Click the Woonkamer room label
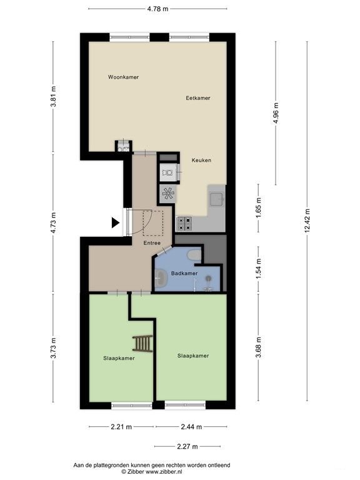(123, 77)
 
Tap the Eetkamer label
(198, 98)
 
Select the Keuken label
(201, 160)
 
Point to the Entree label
(152, 243)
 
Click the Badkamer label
(184, 273)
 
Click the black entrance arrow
(115, 222)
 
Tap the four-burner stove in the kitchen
(184, 224)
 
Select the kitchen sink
(217, 199)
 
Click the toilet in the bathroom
(194, 255)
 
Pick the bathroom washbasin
(161, 278)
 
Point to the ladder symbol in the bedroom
(142, 344)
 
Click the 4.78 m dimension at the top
(157, 9)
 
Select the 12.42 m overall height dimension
(307, 221)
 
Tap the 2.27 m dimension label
(187, 446)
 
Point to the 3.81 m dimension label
(53, 96)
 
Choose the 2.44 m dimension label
(191, 427)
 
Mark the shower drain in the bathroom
(209, 278)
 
